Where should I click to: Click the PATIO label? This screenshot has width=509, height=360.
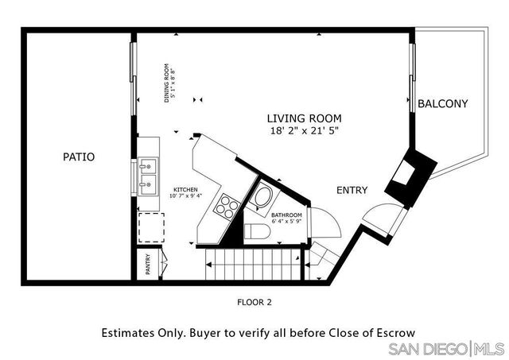tap(79, 157)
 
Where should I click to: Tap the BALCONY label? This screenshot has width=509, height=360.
tap(443, 104)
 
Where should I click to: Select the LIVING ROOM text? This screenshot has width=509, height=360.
tap(304, 118)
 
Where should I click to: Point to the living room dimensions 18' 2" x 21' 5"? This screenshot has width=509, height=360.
tap(305, 131)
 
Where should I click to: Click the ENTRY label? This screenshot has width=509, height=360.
tap(352, 190)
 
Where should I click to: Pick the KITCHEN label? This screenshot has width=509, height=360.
tap(185, 190)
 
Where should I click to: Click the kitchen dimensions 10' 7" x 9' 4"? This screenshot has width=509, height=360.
tap(185, 195)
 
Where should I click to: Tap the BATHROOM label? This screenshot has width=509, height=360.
tap(286, 215)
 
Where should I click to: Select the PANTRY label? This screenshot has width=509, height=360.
tap(148, 265)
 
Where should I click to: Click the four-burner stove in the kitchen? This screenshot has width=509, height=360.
tap(227, 206)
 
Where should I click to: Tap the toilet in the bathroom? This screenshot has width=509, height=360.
tap(257, 231)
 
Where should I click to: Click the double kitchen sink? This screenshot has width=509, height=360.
tap(148, 176)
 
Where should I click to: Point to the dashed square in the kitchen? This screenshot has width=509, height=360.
tap(151, 227)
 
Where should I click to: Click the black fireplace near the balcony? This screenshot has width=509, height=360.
tap(411, 178)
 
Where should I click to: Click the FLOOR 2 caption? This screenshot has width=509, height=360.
tap(254, 302)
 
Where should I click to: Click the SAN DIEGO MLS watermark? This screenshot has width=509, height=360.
tap(447, 349)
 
